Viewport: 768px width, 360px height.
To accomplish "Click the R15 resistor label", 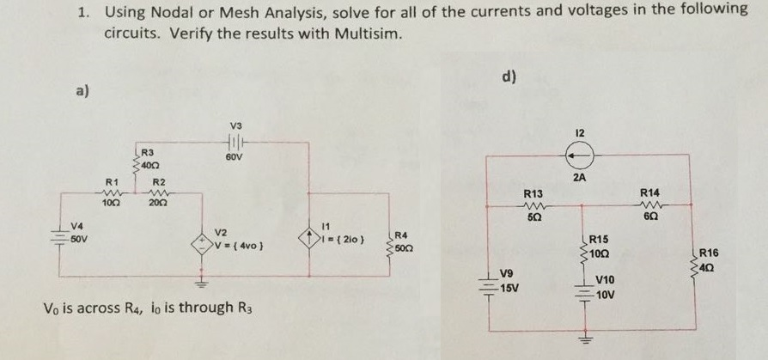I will point(599,238).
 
